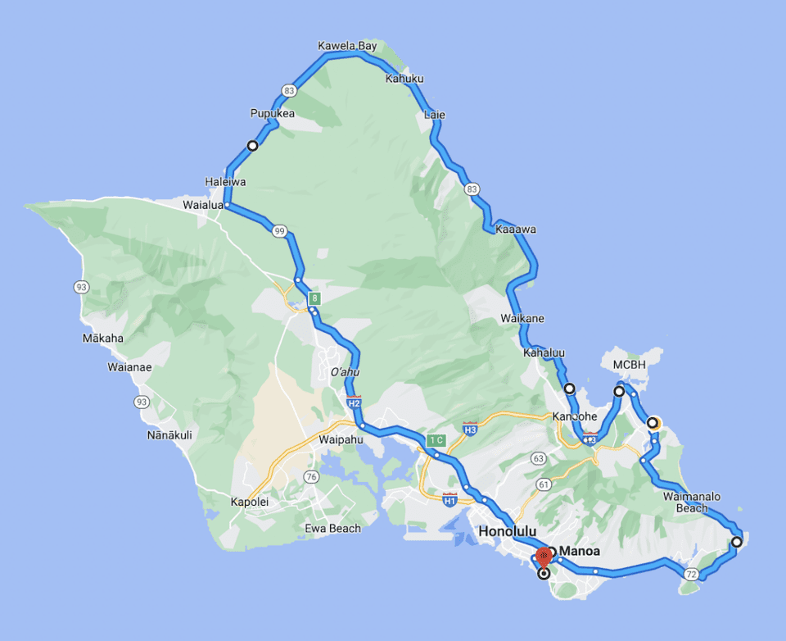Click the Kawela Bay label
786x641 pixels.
(x=347, y=46)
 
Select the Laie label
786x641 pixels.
(x=435, y=115)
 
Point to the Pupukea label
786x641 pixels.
(x=272, y=113)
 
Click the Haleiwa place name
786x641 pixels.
(x=225, y=181)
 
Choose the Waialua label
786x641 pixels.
(x=203, y=206)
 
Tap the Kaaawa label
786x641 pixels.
(x=516, y=230)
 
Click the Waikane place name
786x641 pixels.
(x=522, y=318)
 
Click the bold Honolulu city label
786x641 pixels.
(x=507, y=531)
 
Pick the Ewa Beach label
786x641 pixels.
(x=332, y=529)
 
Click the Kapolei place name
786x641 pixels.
(x=250, y=502)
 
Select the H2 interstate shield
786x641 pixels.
(x=354, y=403)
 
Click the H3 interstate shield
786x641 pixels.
(x=469, y=429)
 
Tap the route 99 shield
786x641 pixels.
(x=280, y=232)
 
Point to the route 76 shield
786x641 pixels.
(x=310, y=477)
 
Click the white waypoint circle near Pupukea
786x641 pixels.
(x=253, y=146)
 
